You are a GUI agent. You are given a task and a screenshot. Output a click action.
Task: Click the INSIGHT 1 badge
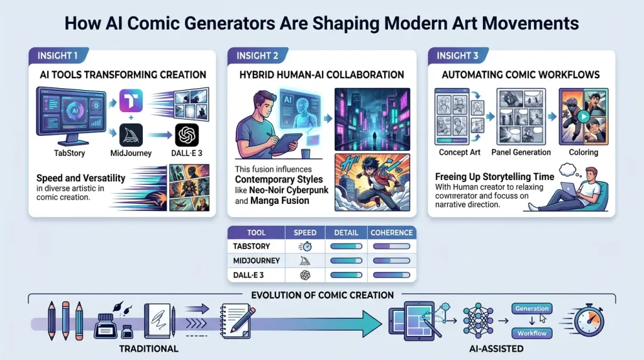(x=57, y=55)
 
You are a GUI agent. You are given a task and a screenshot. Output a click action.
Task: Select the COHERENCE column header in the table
(x=391, y=232)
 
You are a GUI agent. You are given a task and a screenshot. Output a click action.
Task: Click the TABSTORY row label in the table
(x=252, y=247)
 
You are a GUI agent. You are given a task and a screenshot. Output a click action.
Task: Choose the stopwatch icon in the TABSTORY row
(x=306, y=247)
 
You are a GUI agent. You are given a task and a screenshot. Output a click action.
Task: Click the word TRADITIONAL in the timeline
(x=149, y=348)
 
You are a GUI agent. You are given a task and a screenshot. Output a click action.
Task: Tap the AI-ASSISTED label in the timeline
(x=497, y=348)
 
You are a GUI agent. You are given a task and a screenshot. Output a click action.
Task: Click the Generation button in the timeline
(x=532, y=308)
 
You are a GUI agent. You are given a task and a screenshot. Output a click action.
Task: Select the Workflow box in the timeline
(x=532, y=333)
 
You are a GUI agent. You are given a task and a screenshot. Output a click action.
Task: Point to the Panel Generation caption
(x=521, y=152)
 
